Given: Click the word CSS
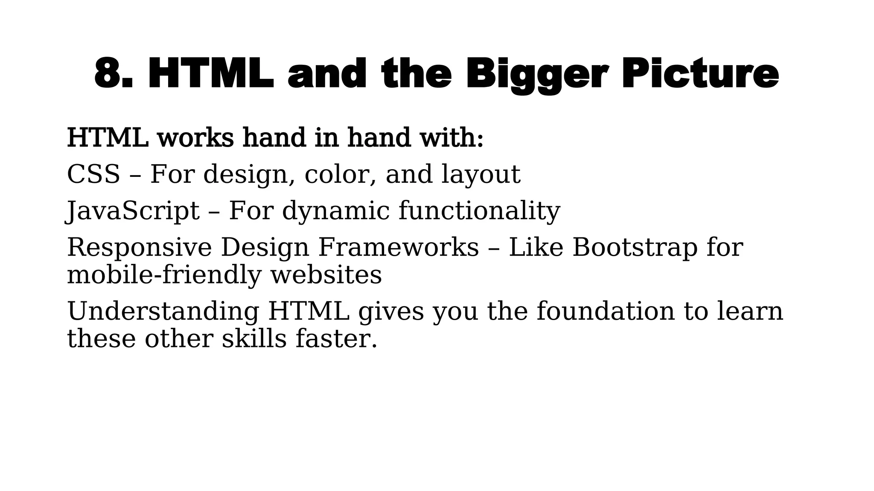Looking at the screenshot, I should tap(93, 174).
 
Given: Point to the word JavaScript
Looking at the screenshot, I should tap(133, 211).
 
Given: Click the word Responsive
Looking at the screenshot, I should tap(139, 248).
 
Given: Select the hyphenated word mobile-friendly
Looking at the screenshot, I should tap(164, 275).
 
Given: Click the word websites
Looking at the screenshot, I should tap(326, 275).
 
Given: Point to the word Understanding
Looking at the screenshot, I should tap(163, 311).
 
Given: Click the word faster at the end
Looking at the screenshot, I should tap(336, 339).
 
